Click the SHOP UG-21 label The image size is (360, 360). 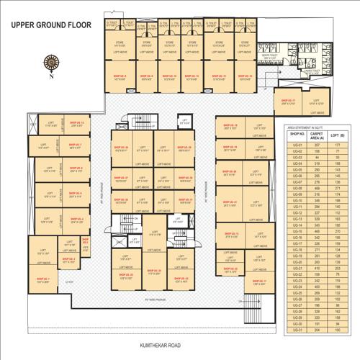[x=230, y=202]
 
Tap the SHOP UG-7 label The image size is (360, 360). [x=75, y=145]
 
